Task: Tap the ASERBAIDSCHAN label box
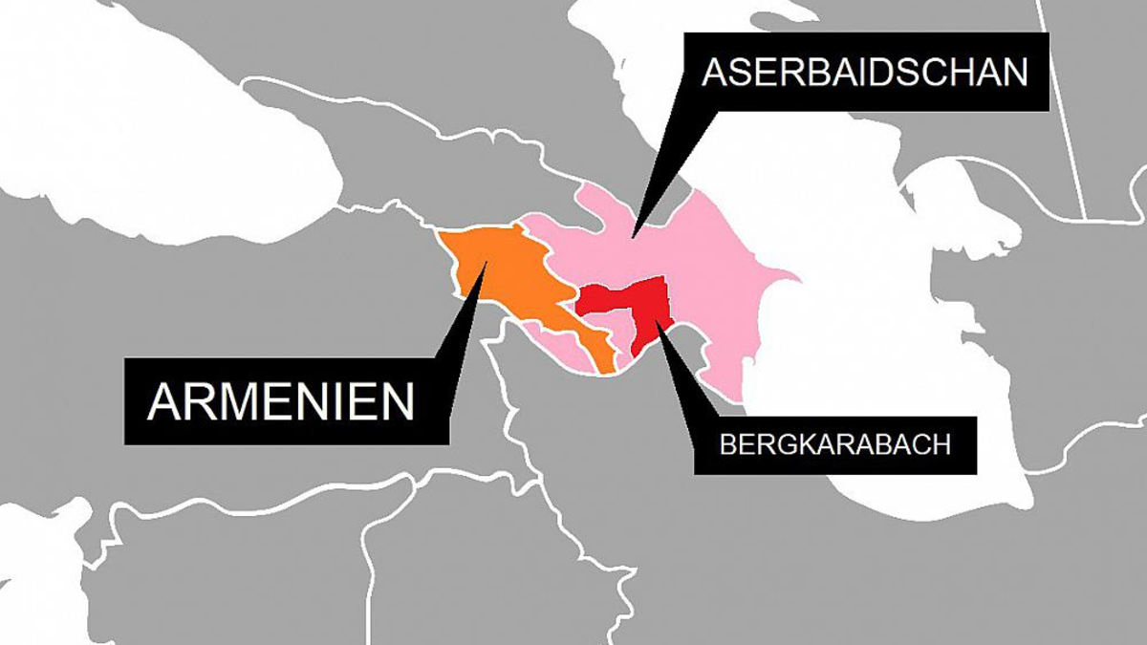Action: (865, 73)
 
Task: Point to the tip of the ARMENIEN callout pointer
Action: (486, 262)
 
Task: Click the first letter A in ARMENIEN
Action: (163, 401)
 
